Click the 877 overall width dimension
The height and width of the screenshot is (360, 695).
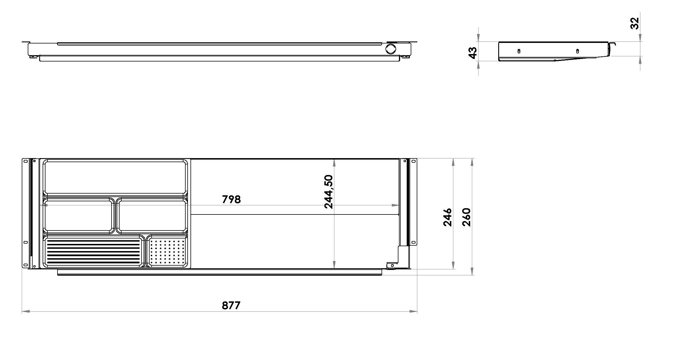pyautogui.click(x=231, y=305)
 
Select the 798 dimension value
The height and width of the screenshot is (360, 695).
pyautogui.click(x=231, y=199)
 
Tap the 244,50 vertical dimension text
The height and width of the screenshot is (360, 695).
pyautogui.click(x=329, y=192)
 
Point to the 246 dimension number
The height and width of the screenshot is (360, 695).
pyautogui.click(x=447, y=217)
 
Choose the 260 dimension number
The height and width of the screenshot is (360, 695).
pyautogui.click(x=466, y=217)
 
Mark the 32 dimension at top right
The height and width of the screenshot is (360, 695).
pyautogui.click(x=634, y=23)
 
